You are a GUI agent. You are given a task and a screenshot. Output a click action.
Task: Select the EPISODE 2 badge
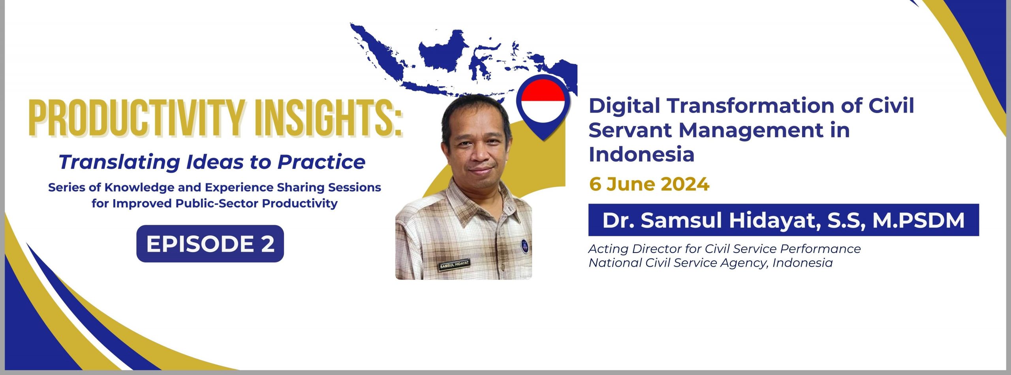click(x=210, y=243)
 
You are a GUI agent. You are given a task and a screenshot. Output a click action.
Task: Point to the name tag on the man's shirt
click(x=454, y=264)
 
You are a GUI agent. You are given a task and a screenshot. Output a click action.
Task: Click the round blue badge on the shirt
click(x=524, y=246)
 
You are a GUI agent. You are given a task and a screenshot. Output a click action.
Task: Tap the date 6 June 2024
click(x=649, y=184)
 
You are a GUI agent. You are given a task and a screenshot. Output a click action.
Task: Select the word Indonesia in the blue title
click(x=641, y=155)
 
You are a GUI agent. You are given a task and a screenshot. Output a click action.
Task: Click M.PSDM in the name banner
click(x=919, y=220)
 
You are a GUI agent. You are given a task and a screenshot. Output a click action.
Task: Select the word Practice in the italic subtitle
click(x=321, y=162)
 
